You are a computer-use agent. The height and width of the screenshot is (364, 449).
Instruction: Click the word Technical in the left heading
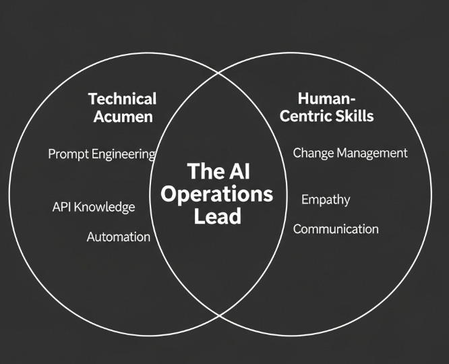tap(122, 99)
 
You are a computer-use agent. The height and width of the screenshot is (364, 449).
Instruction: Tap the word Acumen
tap(122, 116)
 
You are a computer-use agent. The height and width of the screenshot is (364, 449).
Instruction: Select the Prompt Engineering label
tap(101, 154)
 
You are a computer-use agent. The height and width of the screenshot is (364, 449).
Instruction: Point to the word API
tap(61, 207)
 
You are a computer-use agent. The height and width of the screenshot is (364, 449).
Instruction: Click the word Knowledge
tap(104, 207)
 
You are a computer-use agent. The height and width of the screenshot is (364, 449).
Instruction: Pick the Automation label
tap(119, 237)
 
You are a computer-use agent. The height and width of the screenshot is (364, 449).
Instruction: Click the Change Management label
tap(350, 153)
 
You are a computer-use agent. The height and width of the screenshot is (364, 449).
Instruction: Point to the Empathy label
tap(326, 200)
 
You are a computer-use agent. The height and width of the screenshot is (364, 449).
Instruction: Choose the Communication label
tap(336, 229)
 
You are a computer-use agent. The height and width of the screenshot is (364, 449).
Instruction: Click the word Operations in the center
tap(218, 194)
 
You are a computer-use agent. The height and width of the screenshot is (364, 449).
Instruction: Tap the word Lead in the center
tap(217, 217)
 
